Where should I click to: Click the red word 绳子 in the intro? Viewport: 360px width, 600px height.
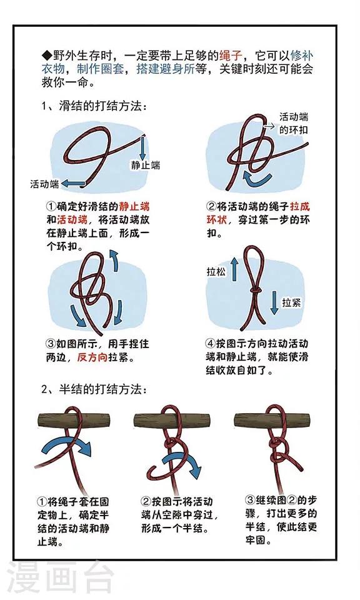click(x=230, y=56)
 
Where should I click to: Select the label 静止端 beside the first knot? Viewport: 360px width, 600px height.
click(x=146, y=165)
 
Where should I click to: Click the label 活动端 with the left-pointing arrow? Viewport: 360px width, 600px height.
click(x=45, y=184)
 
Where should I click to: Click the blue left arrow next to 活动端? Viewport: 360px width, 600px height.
click(x=73, y=184)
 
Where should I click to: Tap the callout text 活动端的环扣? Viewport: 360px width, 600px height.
click(x=293, y=123)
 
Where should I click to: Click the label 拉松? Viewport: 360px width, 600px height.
click(x=216, y=272)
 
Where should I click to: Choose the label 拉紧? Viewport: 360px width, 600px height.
click(x=291, y=302)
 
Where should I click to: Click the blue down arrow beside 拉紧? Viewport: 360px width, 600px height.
click(x=274, y=302)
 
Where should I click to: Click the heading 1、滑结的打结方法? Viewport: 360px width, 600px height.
click(x=94, y=106)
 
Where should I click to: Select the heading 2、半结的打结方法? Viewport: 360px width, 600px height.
click(x=94, y=389)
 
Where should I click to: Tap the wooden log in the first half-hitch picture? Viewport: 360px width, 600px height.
click(x=74, y=420)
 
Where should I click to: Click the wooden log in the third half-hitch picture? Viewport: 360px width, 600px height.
click(x=272, y=419)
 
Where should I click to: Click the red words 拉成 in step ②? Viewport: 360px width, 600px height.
click(x=300, y=207)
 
